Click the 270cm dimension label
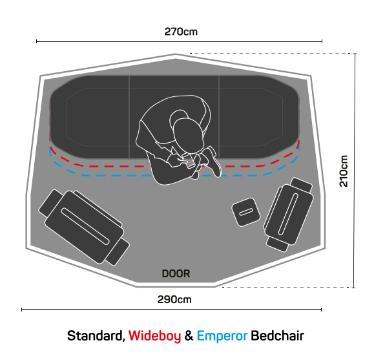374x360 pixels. click(181, 32)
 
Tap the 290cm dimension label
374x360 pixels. click(174, 300)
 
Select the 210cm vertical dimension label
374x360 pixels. click(344, 171)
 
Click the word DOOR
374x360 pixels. click(176, 273)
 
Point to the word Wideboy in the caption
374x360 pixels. click(154, 336)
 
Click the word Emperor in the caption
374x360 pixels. click(222, 336)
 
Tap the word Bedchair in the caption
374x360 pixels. click(277, 336)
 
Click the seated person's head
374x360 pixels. click(189, 135)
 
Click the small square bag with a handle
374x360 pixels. click(246, 212)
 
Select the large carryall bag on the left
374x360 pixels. click(84, 228)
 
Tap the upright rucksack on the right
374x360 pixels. click(289, 215)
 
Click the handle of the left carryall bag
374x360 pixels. click(85, 226)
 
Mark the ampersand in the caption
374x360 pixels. click(189, 336)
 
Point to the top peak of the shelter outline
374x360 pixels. click(176, 54)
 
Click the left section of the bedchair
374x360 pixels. click(90, 117)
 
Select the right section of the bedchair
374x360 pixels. click(259, 117)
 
